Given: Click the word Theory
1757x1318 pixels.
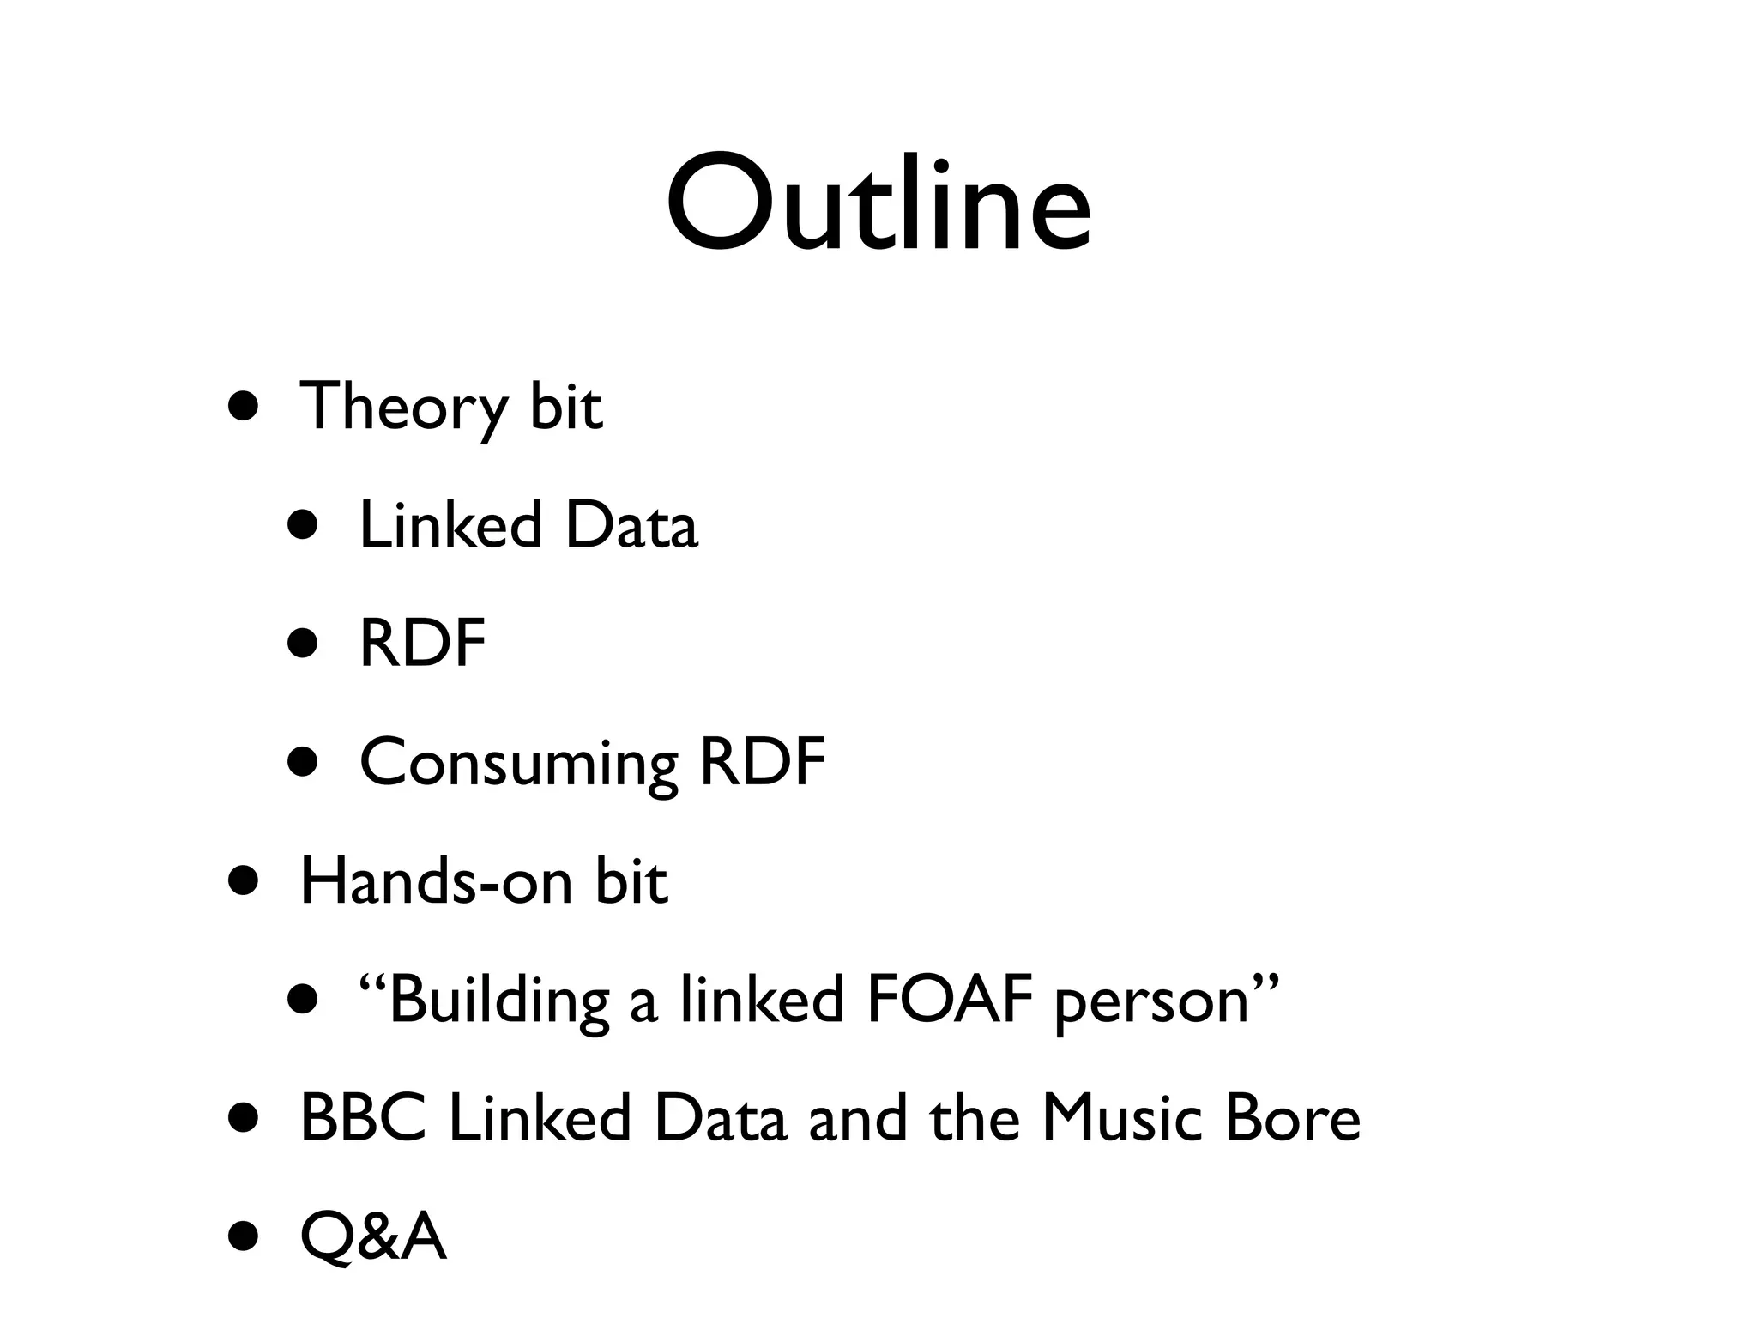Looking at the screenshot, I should point(402,407).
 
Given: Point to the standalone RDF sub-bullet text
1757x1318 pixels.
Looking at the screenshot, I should point(422,644).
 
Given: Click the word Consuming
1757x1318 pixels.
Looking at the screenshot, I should point(518,763).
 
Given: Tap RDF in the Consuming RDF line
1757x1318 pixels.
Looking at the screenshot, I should point(762,762).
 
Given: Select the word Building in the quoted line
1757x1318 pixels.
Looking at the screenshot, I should point(498,1001).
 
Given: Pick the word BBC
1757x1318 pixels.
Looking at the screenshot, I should point(363,1119).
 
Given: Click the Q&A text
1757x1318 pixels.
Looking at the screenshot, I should point(373,1237).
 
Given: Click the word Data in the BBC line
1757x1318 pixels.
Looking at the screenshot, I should point(719,1119).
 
